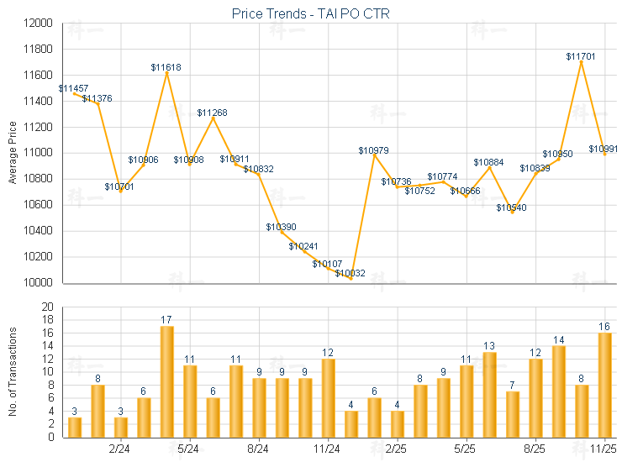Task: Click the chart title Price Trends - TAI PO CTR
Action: (310, 14)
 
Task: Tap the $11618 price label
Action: (166, 66)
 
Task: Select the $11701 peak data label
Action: (581, 56)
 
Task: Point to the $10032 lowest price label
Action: (351, 273)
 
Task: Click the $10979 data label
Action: (373, 150)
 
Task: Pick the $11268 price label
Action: (212, 113)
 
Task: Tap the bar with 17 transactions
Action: (166, 381)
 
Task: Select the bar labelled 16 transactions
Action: (604, 385)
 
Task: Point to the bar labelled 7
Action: (512, 414)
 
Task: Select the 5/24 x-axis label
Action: (189, 449)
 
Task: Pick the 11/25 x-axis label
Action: (604, 449)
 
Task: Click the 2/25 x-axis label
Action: (397, 449)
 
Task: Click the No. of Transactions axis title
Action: (13, 371)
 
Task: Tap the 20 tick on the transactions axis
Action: (47, 307)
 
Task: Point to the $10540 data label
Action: (511, 207)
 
